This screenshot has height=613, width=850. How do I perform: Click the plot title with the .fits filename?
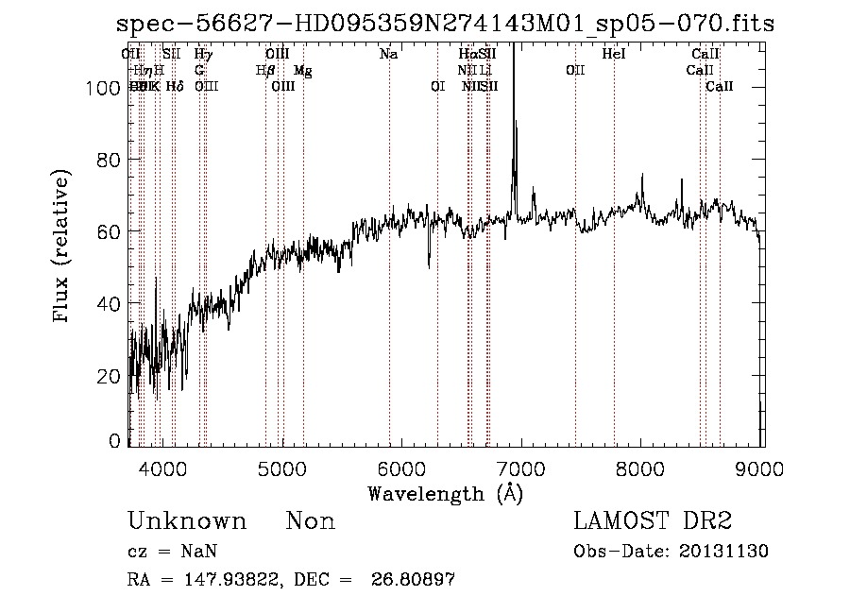tap(444, 24)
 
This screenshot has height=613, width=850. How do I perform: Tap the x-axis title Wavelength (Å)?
tap(445, 492)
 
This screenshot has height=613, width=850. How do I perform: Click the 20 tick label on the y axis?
tap(110, 376)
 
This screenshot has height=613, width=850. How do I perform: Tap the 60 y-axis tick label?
tap(110, 231)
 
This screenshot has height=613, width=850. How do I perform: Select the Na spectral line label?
tap(388, 55)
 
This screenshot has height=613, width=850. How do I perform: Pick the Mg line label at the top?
tap(302, 71)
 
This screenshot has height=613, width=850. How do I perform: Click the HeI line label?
tap(614, 55)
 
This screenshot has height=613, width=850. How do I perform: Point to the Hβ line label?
tap(265, 71)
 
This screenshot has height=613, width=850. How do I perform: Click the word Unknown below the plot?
tap(187, 521)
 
